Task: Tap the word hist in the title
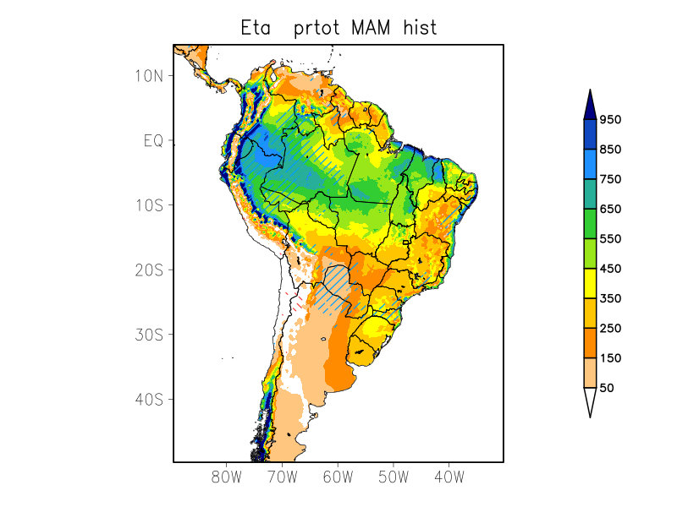click(421, 28)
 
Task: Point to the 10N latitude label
click(149, 75)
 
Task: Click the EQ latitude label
click(153, 140)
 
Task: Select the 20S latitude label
click(149, 270)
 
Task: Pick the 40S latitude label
click(149, 399)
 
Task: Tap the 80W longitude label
click(227, 477)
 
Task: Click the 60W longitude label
click(338, 477)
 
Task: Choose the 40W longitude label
click(449, 477)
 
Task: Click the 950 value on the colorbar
click(610, 120)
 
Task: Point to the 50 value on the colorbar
click(607, 388)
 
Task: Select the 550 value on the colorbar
click(610, 239)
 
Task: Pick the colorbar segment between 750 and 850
click(590, 165)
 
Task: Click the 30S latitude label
click(149, 335)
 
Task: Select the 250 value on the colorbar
click(610, 329)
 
